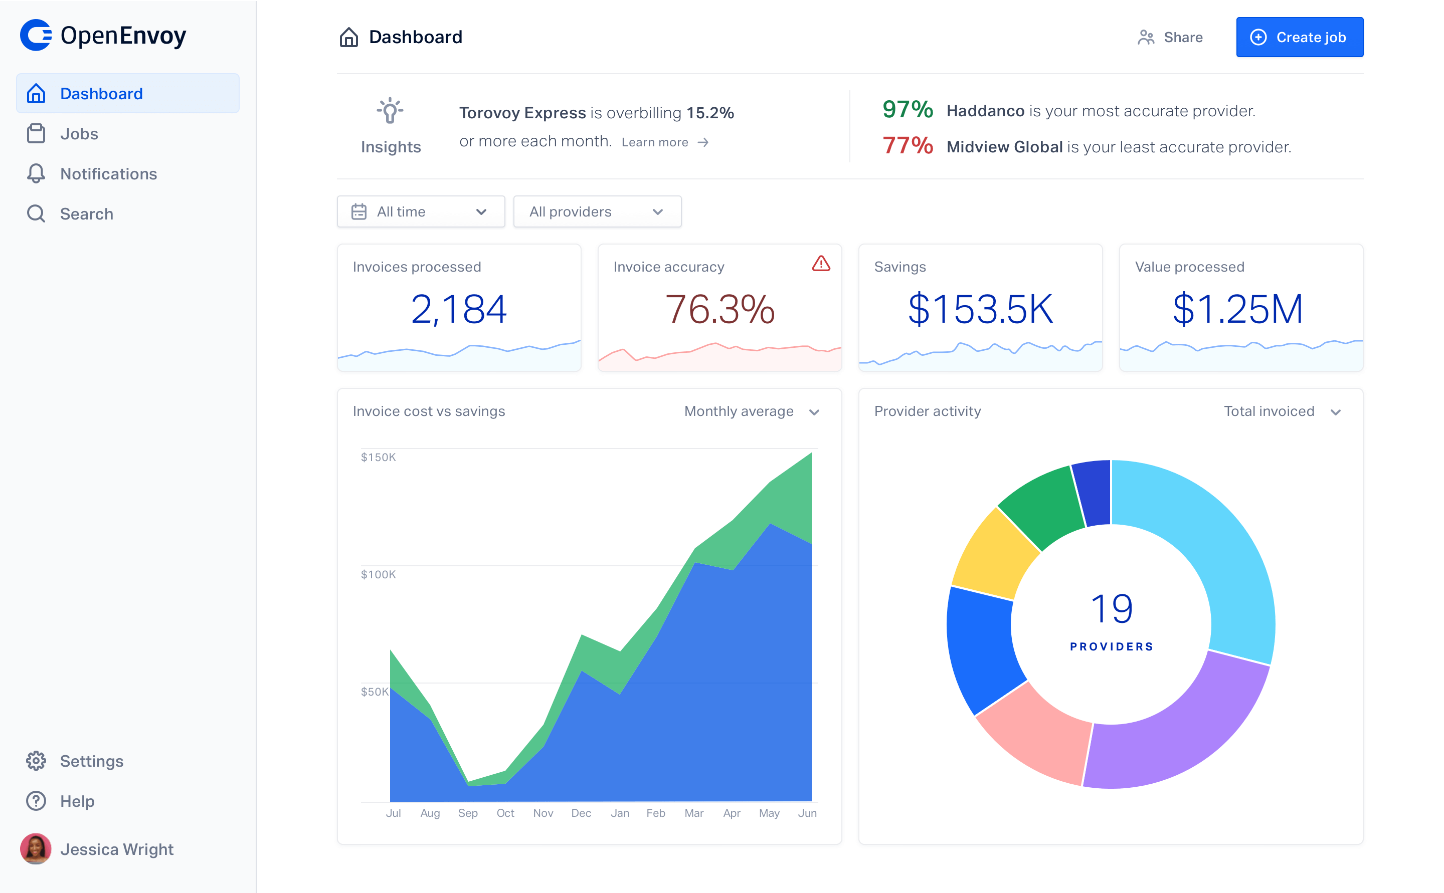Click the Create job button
1299,37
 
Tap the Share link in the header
1170,37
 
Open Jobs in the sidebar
79,134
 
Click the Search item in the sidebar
86,214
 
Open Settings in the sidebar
92,761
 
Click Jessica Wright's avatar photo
36,849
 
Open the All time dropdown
421,211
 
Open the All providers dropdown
597,211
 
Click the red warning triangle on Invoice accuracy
821,264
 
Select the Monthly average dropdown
751,411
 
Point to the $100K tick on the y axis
378,574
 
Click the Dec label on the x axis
581,813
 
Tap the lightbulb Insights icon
390,110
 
